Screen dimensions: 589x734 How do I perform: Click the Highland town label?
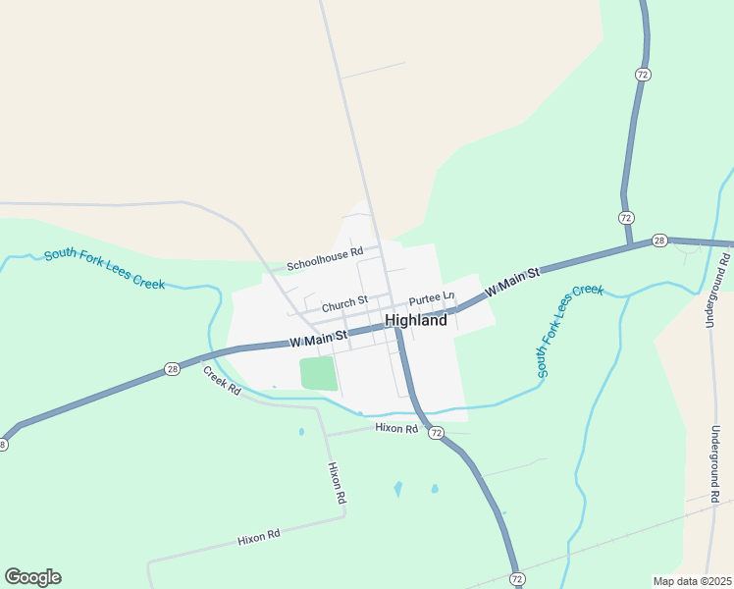coord(416,320)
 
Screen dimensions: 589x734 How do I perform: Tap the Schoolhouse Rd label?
coord(325,259)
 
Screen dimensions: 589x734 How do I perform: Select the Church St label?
coord(343,301)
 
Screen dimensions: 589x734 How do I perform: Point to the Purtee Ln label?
coord(432,297)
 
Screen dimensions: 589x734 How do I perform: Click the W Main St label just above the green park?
coord(319,340)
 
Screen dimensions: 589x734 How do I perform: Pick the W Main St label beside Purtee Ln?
coord(512,280)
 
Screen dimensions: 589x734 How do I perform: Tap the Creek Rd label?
coord(222,380)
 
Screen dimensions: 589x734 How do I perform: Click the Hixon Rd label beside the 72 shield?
coord(396,429)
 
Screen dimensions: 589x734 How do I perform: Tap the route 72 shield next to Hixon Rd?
coord(436,433)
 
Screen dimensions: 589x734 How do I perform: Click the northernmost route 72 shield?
coord(642,75)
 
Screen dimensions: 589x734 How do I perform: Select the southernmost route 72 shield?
coord(516,579)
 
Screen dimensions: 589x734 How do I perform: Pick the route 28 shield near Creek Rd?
coord(173,369)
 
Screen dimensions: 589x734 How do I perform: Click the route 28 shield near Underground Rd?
coord(659,241)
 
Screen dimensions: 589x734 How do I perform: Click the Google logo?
coord(32,577)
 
